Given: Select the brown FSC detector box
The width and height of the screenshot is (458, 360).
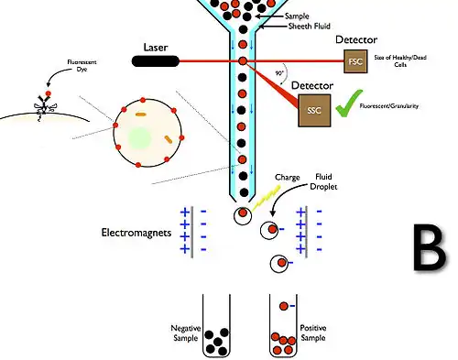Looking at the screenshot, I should click(x=357, y=61).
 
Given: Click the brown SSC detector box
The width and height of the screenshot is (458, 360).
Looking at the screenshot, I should click(x=312, y=110).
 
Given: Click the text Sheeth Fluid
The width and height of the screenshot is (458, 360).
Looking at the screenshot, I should click(x=285, y=27).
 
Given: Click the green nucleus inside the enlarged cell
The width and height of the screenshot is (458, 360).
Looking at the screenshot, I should click(x=139, y=138).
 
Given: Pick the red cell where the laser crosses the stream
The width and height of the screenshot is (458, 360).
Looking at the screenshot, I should click(x=242, y=61).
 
